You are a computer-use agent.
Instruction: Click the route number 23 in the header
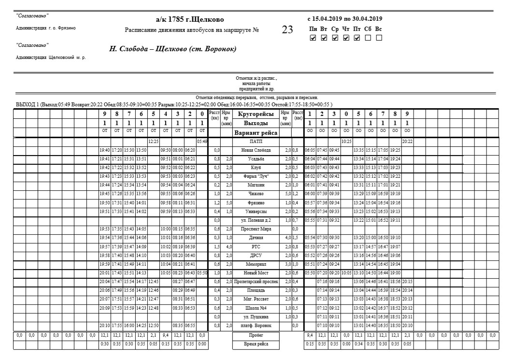pyautogui.click(x=287, y=30)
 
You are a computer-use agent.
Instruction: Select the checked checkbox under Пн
pyautogui.click(x=313, y=38)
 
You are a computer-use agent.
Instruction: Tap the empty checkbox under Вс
pyautogui.click(x=379, y=38)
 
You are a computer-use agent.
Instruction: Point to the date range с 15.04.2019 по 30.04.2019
pyautogui.click(x=345, y=19)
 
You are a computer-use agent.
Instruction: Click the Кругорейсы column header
pyautogui.click(x=256, y=114)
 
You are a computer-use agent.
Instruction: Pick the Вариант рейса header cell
pyautogui.click(x=256, y=132)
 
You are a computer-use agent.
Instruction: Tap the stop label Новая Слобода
pyautogui.click(x=256, y=150)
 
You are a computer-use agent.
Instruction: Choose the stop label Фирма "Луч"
pyautogui.click(x=256, y=176)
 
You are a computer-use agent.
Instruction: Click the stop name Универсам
pyautogui.click(x=256, y=211)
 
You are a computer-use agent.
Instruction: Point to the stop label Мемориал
pyautogui.click(x=256, y=264)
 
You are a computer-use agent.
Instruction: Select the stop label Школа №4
pyautogui.click(x=256, y=308)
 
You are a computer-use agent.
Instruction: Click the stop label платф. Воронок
pyautogui.click(x=256, y=325)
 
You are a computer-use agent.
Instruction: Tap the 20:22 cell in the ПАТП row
pyautogui.click(x=407, y=142)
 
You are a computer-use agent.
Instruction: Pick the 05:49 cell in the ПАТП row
pyautogui.click(x=202, y=142)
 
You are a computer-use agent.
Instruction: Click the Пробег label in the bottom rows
pyautogui.click(x=256, y=334)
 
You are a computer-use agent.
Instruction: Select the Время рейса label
pyautogui.click(x=256, y=344)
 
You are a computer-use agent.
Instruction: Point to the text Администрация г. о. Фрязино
pyautogui.click(x=45, y=28)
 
